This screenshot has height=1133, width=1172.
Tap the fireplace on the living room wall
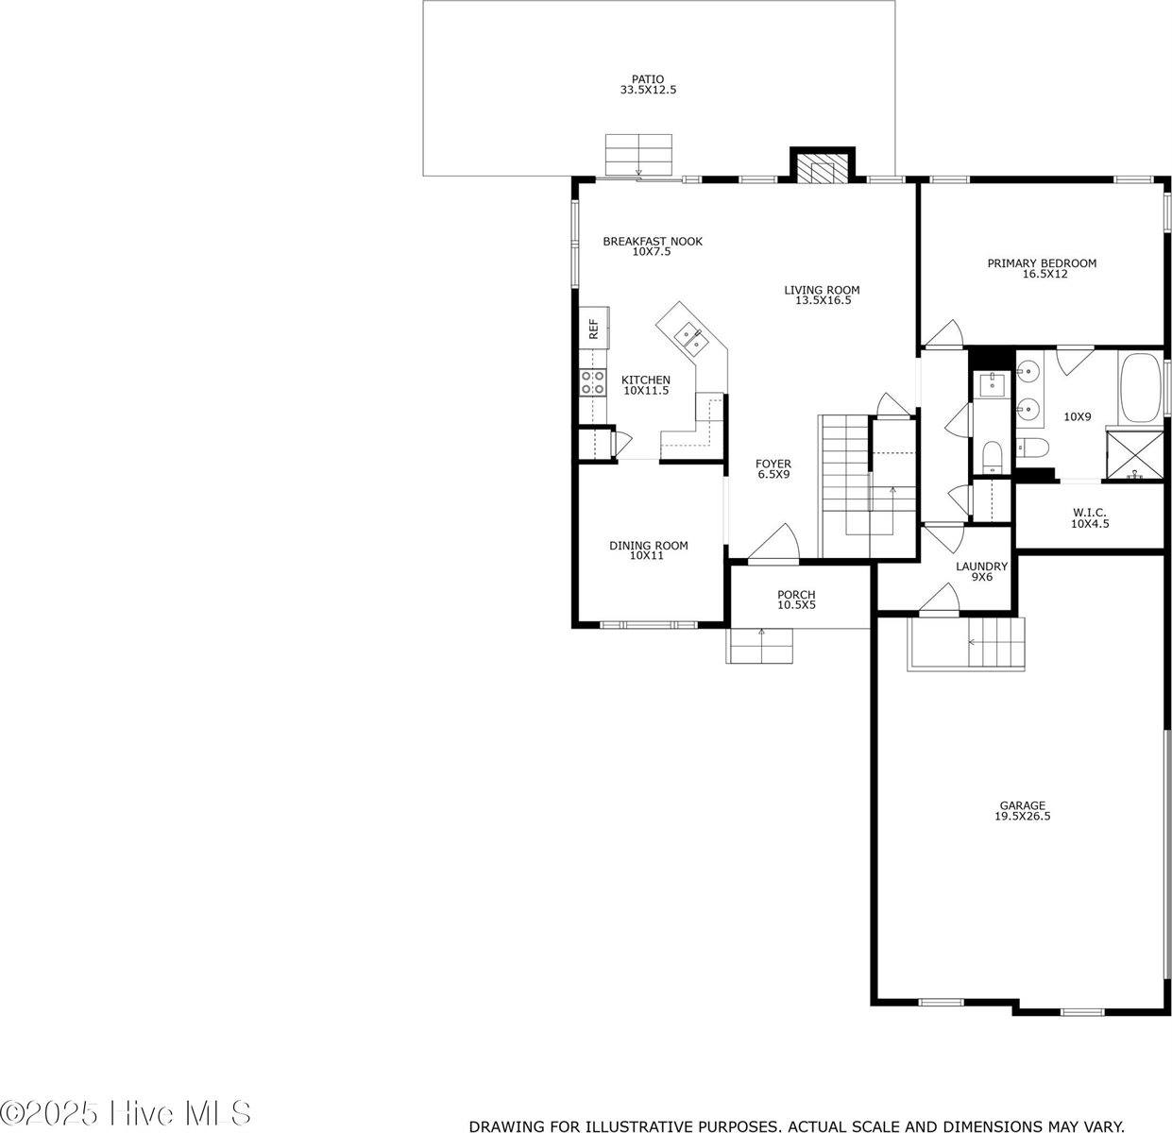point(822,168)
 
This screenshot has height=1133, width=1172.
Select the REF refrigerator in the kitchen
point(595,329)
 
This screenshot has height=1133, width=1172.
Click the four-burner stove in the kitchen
point(593,381)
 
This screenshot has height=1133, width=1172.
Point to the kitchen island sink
point(687,333)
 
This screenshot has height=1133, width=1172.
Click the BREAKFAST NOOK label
point(653,242)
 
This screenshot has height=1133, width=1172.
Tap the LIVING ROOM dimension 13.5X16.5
point(823,301)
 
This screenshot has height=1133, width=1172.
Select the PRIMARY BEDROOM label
point(1042,263)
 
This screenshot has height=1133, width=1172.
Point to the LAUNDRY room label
point(981,566)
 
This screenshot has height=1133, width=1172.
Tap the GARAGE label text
point(1022,805)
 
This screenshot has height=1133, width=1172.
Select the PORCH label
point(796,595)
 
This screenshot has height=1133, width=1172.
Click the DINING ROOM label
point(648,546)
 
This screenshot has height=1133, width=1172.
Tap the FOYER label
point(773,464)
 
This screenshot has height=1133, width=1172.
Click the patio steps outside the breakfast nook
point(638,155)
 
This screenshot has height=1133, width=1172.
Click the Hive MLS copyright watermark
point(127,1112)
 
